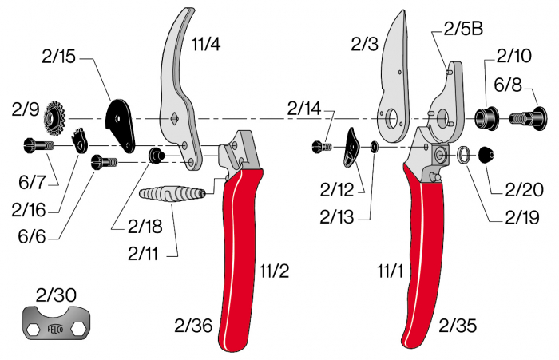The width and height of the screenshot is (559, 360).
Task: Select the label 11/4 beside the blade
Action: coord(205,45)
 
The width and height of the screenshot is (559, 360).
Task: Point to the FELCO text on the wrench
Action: coord(54,327)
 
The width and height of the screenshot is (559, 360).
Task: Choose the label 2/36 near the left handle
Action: coord(192,325)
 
